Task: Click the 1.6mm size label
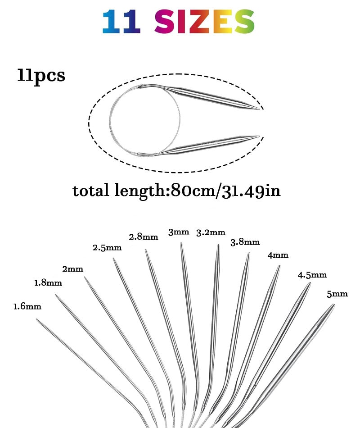[27, 306]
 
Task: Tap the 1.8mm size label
[48, 283]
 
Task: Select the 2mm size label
[72, 269]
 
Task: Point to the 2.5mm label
[107, 248]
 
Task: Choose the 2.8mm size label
[144, 237]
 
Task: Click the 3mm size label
[179, 232]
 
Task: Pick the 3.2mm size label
[211, 232]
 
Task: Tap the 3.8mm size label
[245, 242]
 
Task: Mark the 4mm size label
[278, 255]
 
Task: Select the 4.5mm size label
[312, 275]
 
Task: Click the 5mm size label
[337, 294]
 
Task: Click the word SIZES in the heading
[205, 22]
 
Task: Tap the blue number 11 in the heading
[121, 22]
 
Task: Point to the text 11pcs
[41, 75]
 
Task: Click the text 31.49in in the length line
[251, 191]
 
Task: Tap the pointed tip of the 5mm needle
[334, 305]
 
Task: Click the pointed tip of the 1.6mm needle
[37, 319]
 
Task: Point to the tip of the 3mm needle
[181, 243]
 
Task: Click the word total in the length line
[91, 191]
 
